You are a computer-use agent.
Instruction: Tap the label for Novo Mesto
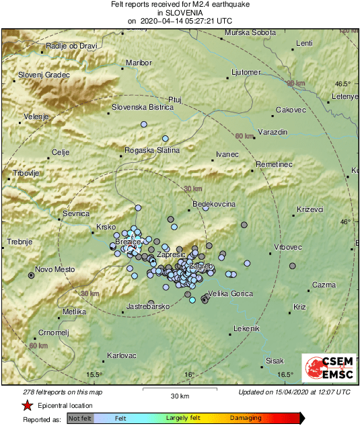pos(55,269)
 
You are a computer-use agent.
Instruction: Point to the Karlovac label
pos(122,355)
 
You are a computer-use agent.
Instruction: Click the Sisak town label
pos(275,361)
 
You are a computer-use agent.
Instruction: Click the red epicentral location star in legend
pos(27,406)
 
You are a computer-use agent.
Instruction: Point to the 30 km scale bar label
pos(178,395)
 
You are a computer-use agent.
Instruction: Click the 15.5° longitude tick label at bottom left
pos(94,375)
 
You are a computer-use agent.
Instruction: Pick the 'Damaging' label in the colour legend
pos(246,418)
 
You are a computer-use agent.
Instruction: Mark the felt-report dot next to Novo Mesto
pos(31,275)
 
